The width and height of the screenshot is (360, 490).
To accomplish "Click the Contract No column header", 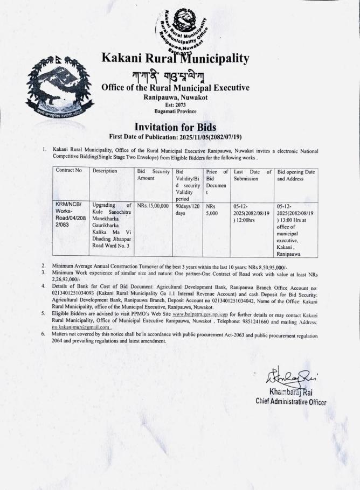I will click(68, 171).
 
